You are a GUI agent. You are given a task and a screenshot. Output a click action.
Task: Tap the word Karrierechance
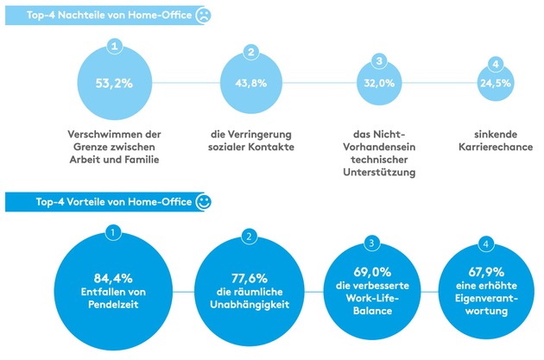492,147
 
